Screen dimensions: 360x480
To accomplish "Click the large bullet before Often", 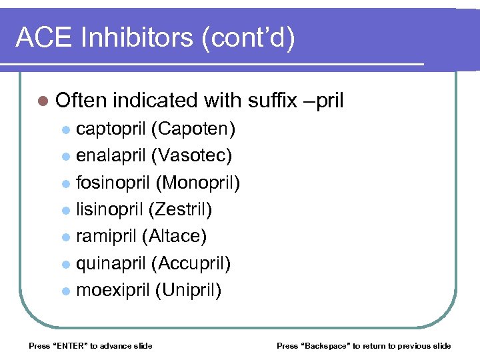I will pyautogui.click(x=43, y=101).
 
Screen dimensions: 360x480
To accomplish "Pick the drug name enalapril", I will pyautogui.click(x=111, y=155).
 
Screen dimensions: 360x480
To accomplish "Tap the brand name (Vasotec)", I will pyautogui.click(x=192, y=155).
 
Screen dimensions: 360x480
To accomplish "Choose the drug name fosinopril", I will pyautogui.click(x=113, y=183).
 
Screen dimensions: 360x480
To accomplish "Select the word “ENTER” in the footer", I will pyautogui.click(x=69, y=346).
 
